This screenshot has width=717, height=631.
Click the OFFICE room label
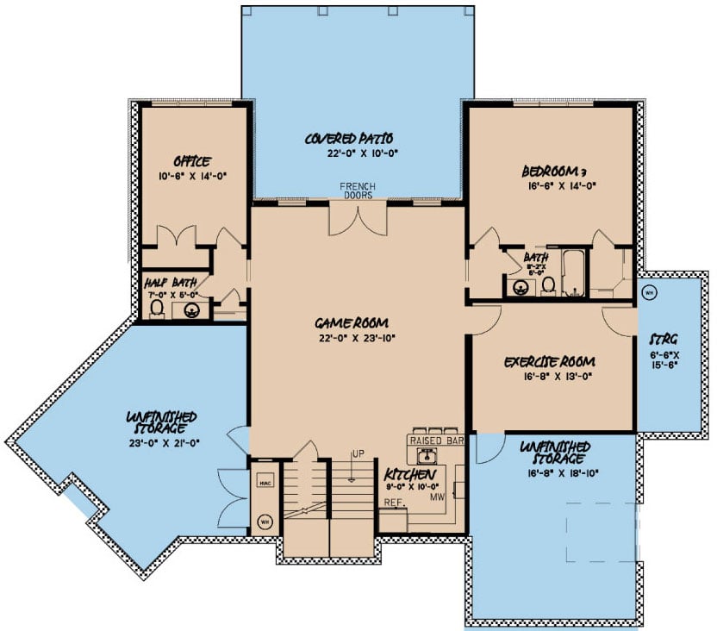[192, 160]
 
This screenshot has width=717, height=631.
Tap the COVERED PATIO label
[349, 138]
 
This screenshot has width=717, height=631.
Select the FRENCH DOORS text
[357, 191]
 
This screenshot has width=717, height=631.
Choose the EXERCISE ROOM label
[551, 361]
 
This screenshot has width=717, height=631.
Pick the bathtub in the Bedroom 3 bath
[575, 272]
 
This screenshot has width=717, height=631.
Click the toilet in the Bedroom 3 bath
[547, 286]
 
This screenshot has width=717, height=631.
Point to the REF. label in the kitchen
[394, 501]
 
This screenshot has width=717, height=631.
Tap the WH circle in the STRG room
[649, 291]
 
